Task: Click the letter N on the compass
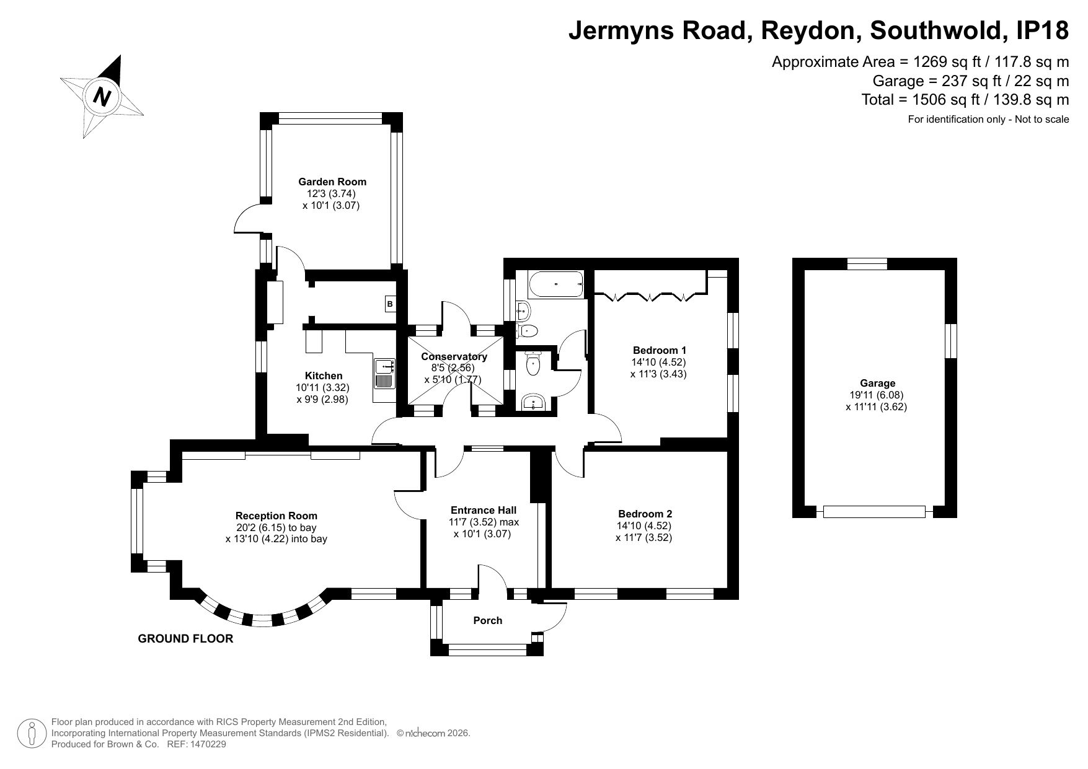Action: click(x=102, y=96)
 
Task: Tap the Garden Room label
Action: click(x=332, y=182)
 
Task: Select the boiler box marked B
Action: click(x=390, y=304)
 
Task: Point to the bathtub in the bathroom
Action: click(x=556, y=284)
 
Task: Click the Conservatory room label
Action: click(x=454, y=356)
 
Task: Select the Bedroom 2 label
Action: click(x=645, y=514)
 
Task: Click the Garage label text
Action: click(x=877, y=384)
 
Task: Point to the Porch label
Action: click(x=488, y=620)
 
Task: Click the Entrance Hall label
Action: click(x=484, y=510)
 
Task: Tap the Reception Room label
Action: click(x=276, y=516)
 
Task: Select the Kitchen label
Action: click(x=324, y=376)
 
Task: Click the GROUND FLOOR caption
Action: click(x=185, y=639)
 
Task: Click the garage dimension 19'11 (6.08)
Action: click(x=877, y=395)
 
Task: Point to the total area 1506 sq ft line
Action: click(x=965, y=99)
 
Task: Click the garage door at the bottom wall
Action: click(x=874, y=512)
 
